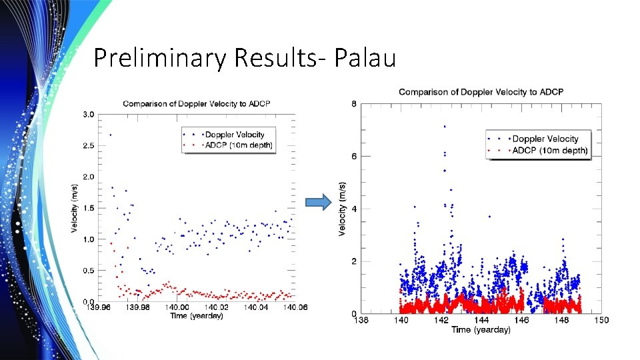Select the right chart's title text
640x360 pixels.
481,91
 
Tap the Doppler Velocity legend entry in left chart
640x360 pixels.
233,135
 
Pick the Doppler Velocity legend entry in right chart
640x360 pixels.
545,139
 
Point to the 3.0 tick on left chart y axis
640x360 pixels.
88,115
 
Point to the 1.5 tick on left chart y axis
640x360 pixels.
88,208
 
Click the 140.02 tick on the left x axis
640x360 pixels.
217,307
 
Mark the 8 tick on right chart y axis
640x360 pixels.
353,103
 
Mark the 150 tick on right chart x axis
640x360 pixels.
601,321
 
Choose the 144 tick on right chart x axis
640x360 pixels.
481,321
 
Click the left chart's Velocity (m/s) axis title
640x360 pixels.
74,208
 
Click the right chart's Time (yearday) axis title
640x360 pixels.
481,329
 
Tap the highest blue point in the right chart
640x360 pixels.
444,126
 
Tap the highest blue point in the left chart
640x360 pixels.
111,135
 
